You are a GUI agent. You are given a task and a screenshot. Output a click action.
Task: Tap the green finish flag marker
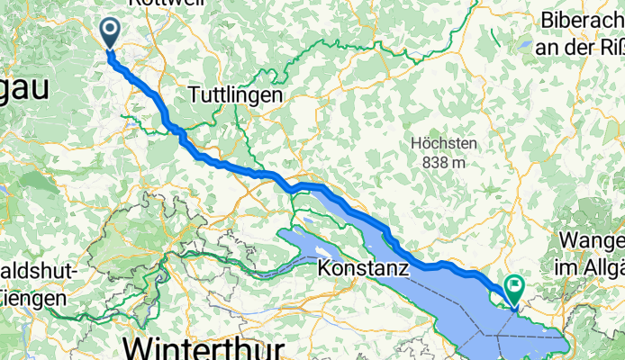pyautogui.click(x=515, y=288)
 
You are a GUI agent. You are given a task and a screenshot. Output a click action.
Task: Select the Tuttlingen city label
pyautogui.click(x=236, y=94)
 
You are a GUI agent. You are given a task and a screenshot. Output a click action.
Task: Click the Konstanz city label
pyautogui.click(x=364, y=267)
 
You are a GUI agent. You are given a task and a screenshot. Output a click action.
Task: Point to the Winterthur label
pyautogui.click(x=206, y=346)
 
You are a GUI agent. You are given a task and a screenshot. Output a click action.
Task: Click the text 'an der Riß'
pyautogui.click(x=580, y=47)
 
